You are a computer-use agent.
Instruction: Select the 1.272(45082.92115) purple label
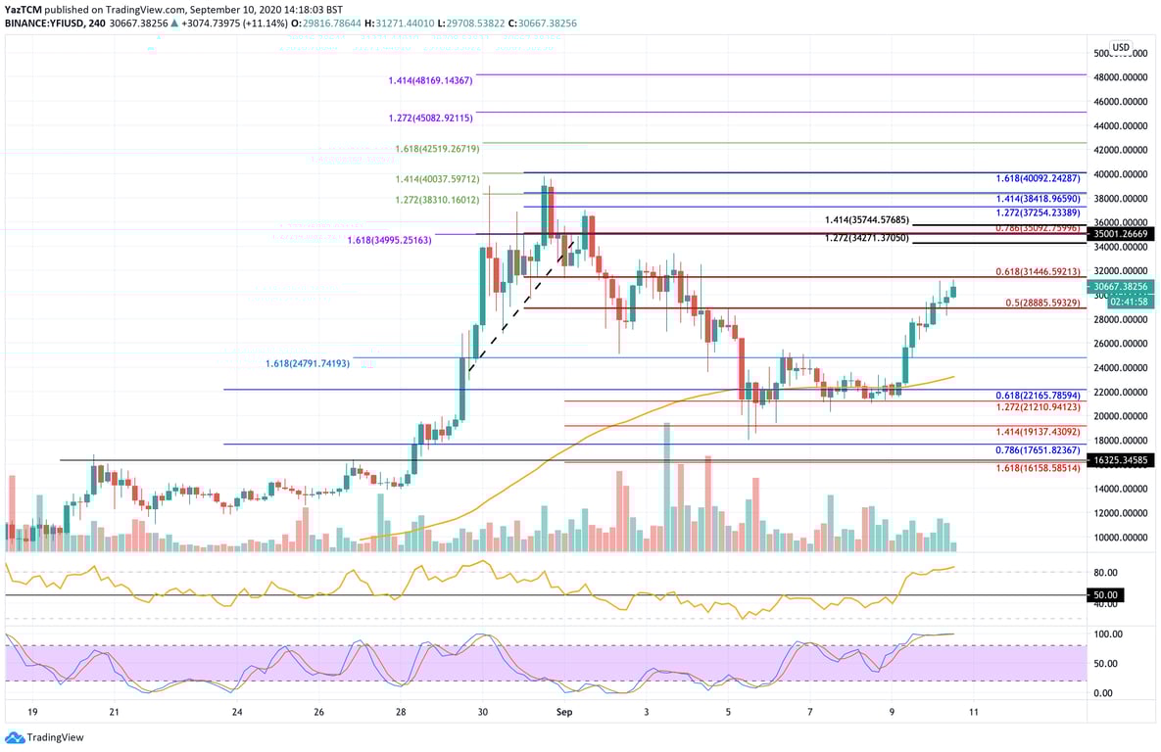431,117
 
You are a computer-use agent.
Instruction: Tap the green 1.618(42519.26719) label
437,149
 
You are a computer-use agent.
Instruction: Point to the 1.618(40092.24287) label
1037,178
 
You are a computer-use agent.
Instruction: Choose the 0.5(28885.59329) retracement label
1042,303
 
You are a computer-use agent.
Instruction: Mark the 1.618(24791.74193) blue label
307,363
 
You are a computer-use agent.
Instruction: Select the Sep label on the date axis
564,712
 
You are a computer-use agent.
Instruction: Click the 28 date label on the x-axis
400,712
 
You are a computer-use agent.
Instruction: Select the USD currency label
1121,47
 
